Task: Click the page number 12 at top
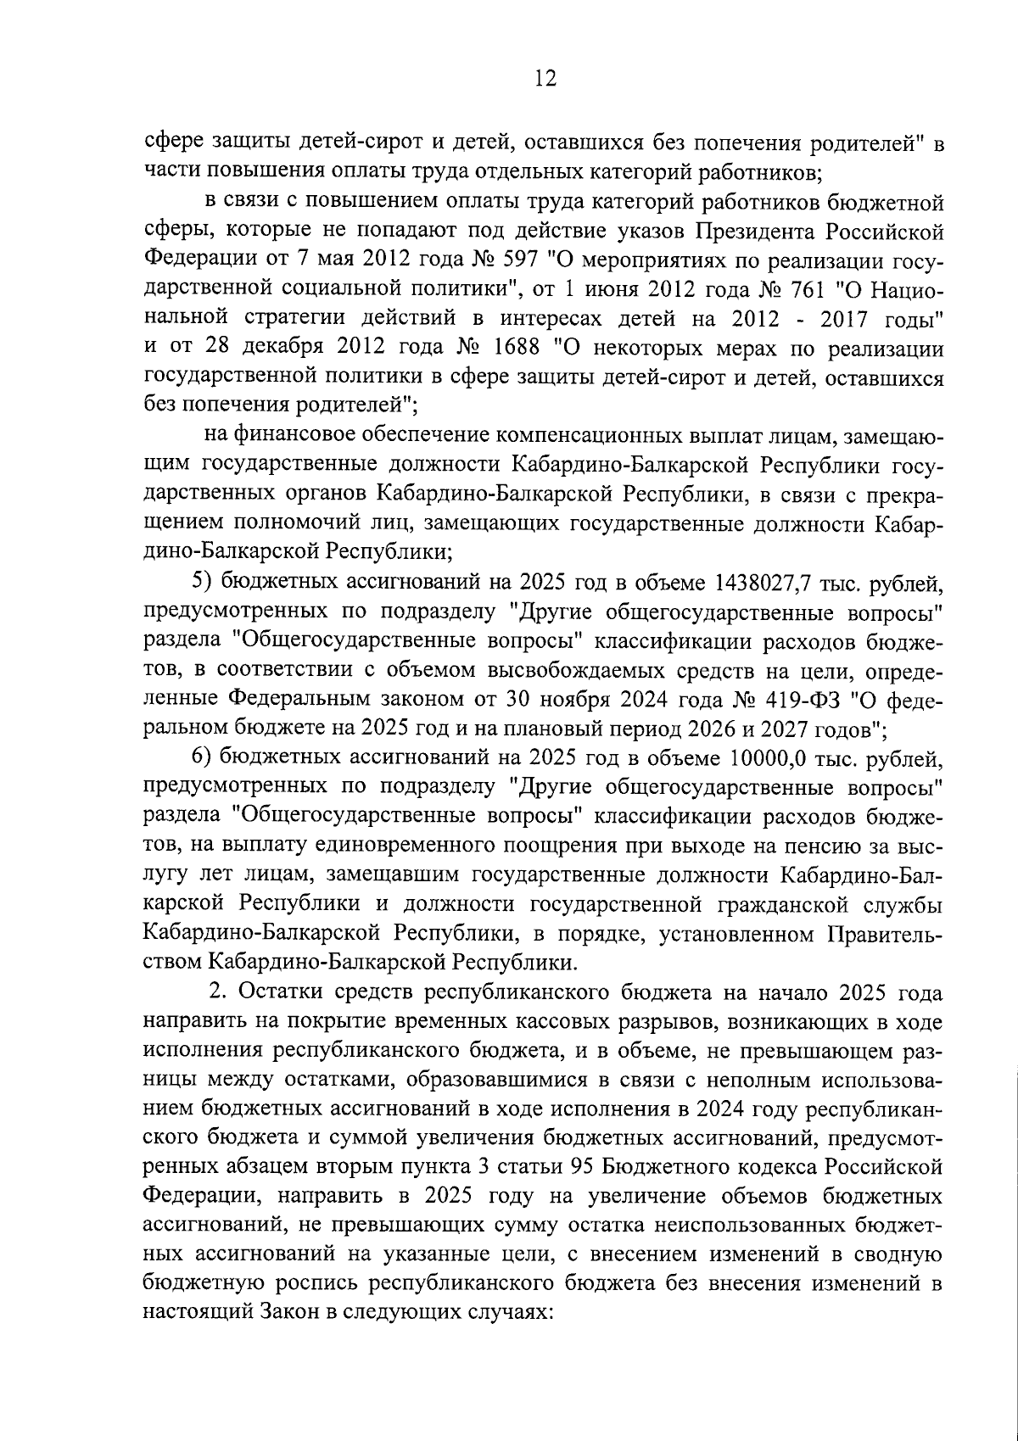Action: click(545, 79)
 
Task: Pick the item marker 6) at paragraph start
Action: click(198, 757)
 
